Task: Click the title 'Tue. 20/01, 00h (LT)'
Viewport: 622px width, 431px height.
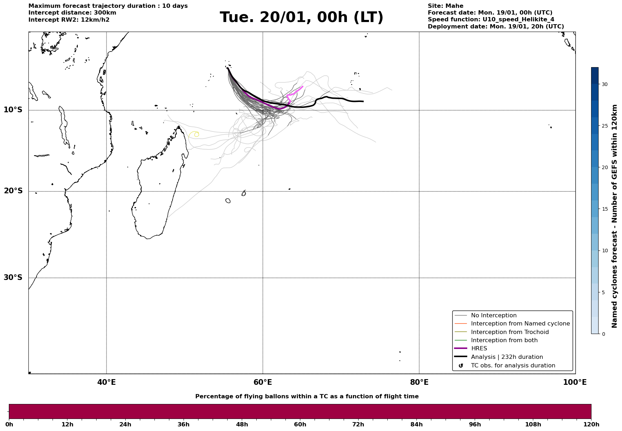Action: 301,17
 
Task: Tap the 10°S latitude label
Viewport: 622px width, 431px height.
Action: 13,110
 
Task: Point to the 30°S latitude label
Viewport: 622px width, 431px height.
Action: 13,278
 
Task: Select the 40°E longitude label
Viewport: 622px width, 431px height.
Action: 107,382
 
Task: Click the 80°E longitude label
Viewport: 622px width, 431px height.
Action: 419,382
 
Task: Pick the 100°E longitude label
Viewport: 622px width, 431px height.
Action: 575,382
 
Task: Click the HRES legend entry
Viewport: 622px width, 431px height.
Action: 479,349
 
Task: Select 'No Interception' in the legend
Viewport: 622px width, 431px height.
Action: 493,316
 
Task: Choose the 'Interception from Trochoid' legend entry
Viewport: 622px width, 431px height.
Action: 509,332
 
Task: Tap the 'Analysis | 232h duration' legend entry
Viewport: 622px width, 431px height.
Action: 507,357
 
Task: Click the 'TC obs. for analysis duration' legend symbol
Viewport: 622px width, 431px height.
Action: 461,366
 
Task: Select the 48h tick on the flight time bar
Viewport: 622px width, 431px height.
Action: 242,425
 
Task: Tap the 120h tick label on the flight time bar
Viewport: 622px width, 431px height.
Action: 591,425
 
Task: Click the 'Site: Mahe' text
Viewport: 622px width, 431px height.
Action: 445,6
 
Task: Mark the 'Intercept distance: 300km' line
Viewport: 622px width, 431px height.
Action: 72,13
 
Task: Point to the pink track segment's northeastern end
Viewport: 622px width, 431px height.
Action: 302,86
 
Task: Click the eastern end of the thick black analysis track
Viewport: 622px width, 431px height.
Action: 363,101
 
